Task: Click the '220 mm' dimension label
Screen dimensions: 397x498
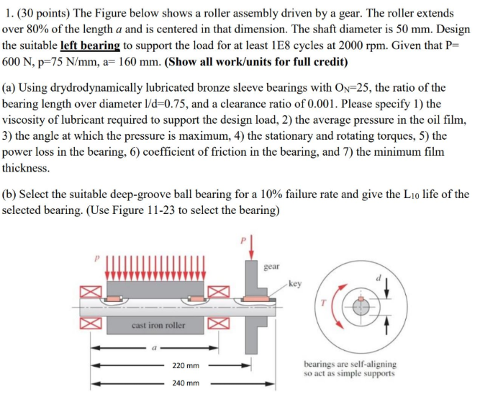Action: [186, 366]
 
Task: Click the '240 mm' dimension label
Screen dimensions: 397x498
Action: [186, 383]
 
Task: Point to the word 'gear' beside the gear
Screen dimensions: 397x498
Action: [272, 266]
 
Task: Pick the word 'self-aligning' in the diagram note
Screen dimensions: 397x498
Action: [372, 365]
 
